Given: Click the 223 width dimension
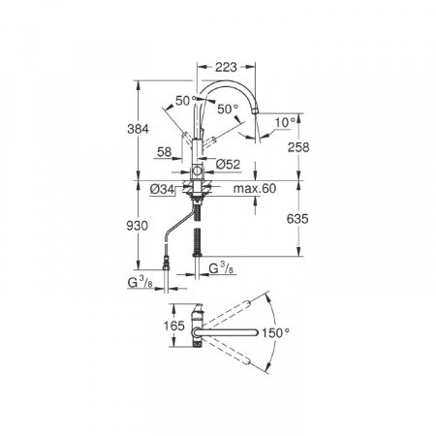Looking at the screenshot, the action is coord(226,67).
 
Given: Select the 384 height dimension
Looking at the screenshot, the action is coord(139,129).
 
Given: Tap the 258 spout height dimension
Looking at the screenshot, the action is coord(298,147).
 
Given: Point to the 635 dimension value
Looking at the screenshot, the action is coord(297,219).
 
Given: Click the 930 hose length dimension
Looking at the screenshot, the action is coord(137,226).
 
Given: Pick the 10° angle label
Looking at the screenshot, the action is coord(286,122).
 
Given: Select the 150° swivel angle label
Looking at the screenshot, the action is coord(275,332).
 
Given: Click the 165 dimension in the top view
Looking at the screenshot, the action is coord(173,326).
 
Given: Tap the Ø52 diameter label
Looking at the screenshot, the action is coord(228,165).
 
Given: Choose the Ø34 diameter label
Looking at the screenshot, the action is coord(162,190).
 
